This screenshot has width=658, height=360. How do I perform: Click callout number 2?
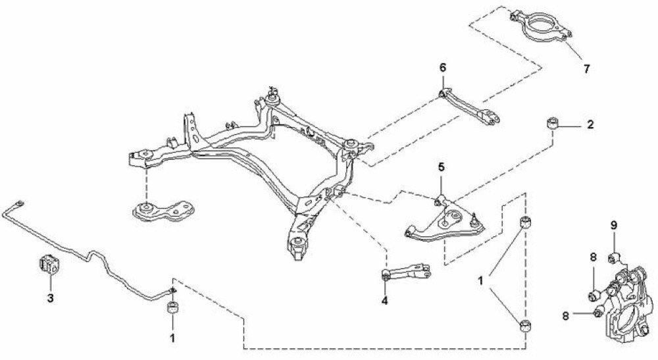[590, 124]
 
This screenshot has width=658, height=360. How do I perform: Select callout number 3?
[50, 298]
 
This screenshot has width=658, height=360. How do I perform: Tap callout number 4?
[384, 302]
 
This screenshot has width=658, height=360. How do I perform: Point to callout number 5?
[442, 168]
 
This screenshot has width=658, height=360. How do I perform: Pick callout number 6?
[443, 68]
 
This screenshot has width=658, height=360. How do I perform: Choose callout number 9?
[613, 225]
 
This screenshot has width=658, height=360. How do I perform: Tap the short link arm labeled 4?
[405, 271]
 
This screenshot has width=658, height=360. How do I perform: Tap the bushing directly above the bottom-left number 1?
[172, 309]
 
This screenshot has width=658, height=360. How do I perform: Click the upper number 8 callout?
[593, 257]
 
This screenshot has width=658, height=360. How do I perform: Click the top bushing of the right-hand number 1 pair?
[526, 222]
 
